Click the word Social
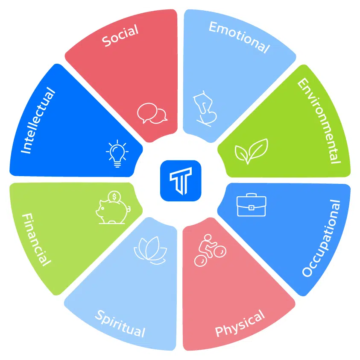click(120, 35)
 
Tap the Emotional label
click(239, 37)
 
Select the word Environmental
click(319, 121)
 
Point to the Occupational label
click(321, 238)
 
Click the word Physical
click(240, 323)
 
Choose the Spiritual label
click(120, 323)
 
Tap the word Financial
click(36, 239)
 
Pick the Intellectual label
click(38, 120)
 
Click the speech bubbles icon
click(152, 113)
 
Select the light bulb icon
click(117, 153)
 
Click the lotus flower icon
click(150, 251)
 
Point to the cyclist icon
click(210, 251)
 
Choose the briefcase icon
click(252, 205)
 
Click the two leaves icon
click(252, 151)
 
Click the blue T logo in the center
click(181, 181)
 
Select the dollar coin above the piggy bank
click(114, 197)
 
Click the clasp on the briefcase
click(252, 208)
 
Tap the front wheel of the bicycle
click(220, 252)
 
